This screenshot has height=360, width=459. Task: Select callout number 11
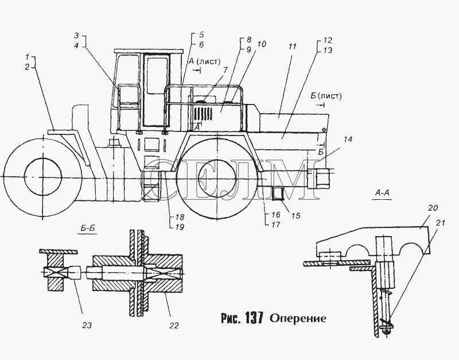292,47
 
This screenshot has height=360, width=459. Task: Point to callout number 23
87,325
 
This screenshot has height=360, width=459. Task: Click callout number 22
174,326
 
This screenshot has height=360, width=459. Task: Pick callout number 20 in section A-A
433,208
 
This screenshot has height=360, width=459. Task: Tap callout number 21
440,223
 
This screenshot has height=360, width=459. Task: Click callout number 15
295,215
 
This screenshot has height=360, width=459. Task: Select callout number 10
262,44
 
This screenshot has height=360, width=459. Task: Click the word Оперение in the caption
298,318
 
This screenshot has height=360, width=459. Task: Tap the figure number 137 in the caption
254,318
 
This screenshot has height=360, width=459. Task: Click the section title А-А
382,193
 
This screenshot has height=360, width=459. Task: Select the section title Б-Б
88,228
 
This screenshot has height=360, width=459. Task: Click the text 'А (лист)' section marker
204,61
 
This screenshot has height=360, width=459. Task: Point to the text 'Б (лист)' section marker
326,96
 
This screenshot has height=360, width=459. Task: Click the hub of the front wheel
43,177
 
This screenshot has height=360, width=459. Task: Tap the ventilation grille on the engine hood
203,114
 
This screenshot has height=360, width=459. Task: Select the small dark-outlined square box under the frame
278,193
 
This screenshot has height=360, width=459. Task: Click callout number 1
27,57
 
